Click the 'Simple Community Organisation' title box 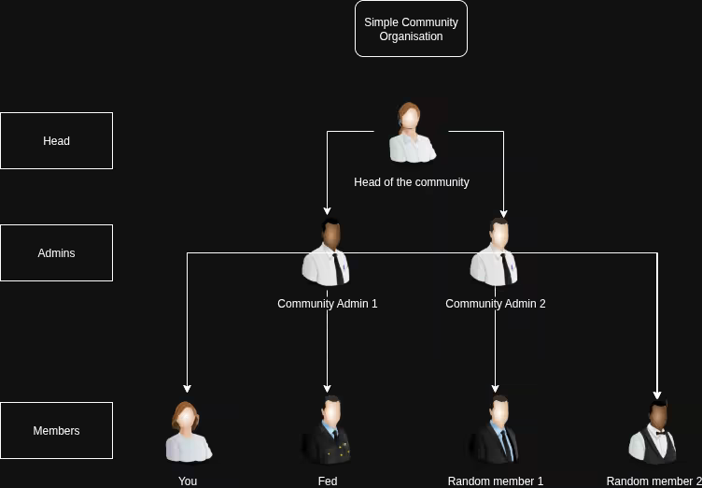411,29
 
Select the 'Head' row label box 56,141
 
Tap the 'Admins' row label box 56,253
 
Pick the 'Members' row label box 56,431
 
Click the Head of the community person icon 411,132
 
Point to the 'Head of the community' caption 411,182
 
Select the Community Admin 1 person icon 327,253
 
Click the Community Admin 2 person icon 495,253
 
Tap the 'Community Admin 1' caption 327,304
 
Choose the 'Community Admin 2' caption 495,304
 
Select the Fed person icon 327,431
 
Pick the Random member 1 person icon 495,431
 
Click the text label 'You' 188,481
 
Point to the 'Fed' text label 327,481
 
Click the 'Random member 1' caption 495,481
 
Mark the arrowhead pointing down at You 188,388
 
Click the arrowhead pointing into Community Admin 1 327,211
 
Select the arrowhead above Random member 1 495,388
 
